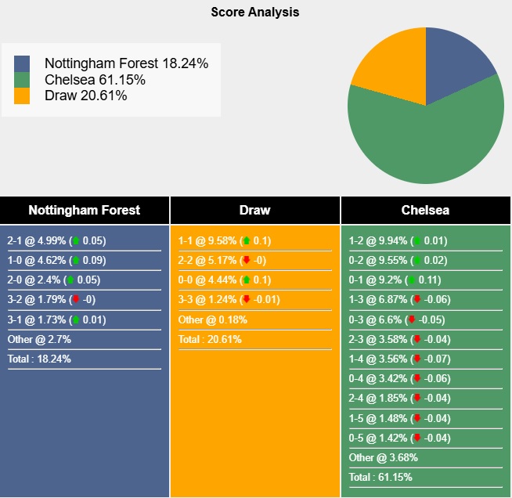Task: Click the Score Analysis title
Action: click(x=255, y=13)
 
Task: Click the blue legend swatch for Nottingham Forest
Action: click(x=22, y=63)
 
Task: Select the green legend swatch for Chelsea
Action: click(x=22, y=80)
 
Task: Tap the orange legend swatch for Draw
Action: click(x=22, y=96)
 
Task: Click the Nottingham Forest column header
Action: click(x=85, y=210)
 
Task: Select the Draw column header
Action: click(x=254, y=210)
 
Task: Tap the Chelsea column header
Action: click(x=425, y=210)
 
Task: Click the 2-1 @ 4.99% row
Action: click(x=56, y=241)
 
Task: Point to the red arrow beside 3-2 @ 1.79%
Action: click(x=75, y=300)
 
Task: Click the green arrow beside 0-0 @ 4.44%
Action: click(x=246, y=280)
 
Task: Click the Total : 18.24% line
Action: click(x=39, y=359)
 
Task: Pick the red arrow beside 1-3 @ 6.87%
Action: click(x=416, y=300)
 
